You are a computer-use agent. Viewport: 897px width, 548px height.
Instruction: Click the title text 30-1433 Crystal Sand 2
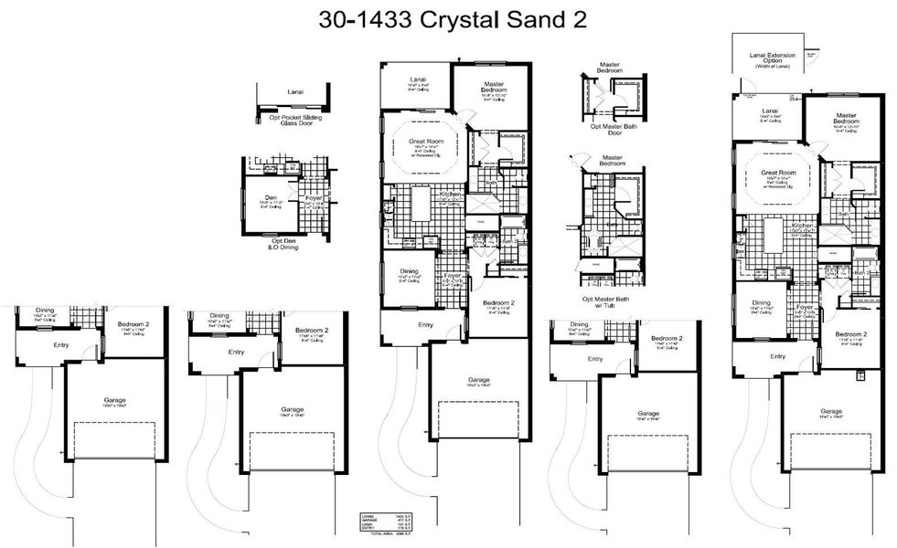point(447,20)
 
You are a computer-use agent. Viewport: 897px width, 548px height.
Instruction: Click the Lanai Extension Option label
point(772,58)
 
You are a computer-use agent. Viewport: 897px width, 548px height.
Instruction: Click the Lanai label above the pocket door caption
point(295,92)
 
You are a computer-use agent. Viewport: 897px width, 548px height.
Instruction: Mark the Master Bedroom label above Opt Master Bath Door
point(609,68)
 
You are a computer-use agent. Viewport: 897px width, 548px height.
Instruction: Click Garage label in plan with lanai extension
point(830,411)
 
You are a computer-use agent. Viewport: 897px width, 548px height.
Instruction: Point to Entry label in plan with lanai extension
point(777,356)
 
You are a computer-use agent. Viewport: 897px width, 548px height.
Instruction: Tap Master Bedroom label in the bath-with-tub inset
point(611,160)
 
